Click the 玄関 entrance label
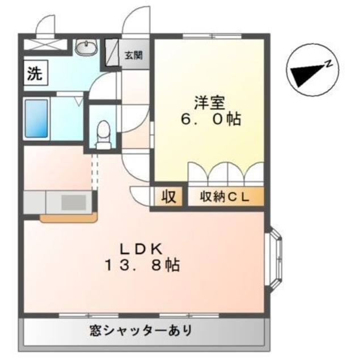pyautogui.click(x=134, y=55)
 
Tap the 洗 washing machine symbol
pyautogui.click(x=35, y=74)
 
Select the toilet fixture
pyautogui.click(x=103, y=135)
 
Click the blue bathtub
pyautogui.click(x=37, y=117)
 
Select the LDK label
pyautogui.click(x=142, y=248)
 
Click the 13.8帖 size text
pyautogui.click(x=142, y=265)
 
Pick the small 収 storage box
pyautogui.click(x=168, y=197)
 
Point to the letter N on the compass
pyautogui.click(x=328, y=64)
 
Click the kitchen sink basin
pyautogui.click(x=72, y=202)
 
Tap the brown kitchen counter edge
pyautogui.click(x=68, y=217)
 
